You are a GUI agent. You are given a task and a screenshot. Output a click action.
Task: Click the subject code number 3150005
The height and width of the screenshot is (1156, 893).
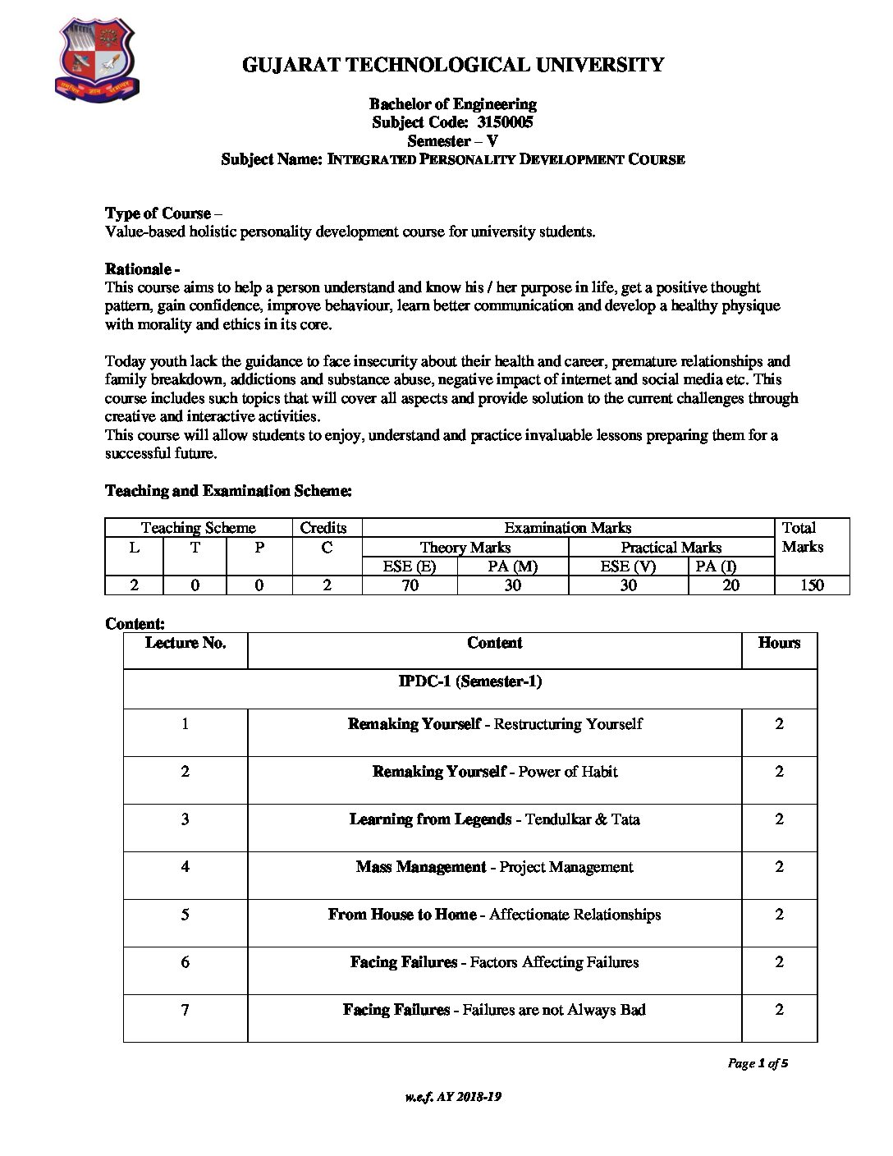[x=505, y=122]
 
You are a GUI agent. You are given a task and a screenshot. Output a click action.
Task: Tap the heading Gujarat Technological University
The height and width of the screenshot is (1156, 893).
[x=453, y=65]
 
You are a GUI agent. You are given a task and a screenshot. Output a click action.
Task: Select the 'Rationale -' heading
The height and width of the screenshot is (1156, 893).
[x=143, y=269]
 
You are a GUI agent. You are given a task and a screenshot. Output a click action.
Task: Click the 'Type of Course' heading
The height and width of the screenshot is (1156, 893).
[x=158, y=213]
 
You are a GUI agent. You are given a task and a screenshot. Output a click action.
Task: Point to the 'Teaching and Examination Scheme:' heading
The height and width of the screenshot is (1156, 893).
[x=228, y=491]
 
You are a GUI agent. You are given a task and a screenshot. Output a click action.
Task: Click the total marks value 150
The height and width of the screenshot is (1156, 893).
[x=811, y=585]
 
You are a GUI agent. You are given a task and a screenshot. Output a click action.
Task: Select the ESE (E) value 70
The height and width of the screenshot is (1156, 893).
[x=410, y=585]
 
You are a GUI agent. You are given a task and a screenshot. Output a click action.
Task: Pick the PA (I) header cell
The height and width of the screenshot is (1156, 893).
[x=716, y=566]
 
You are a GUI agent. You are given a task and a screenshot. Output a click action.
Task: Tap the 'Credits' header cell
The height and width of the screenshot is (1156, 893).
[x=323, y=528]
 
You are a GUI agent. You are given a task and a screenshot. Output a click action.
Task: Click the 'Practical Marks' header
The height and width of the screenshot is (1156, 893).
[x=671, y=548]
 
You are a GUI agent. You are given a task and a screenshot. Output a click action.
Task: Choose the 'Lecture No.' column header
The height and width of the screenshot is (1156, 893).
[x=185, y=643]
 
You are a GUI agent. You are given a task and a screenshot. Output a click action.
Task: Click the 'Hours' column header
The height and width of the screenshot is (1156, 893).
[x=779, y=643]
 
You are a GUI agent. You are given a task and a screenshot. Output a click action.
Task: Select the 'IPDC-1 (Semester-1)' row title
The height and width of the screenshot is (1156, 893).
[x=470, y=681]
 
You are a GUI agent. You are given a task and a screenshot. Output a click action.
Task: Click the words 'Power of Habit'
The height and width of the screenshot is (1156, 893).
[x=568, y=772]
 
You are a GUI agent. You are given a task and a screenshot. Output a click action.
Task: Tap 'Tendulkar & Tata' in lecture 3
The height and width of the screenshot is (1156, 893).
[x=583, y=819]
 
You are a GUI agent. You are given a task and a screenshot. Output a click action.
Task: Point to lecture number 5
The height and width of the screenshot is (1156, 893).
[x=185, y=915]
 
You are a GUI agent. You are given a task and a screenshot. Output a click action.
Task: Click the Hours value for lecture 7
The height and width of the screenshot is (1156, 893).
[x=779, y=1010]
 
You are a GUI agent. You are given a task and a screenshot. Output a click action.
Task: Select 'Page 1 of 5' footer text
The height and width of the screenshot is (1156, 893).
[x=758, y=1064]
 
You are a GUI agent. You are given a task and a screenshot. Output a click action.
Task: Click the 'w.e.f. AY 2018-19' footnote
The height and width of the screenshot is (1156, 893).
[x=452, y=1097]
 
